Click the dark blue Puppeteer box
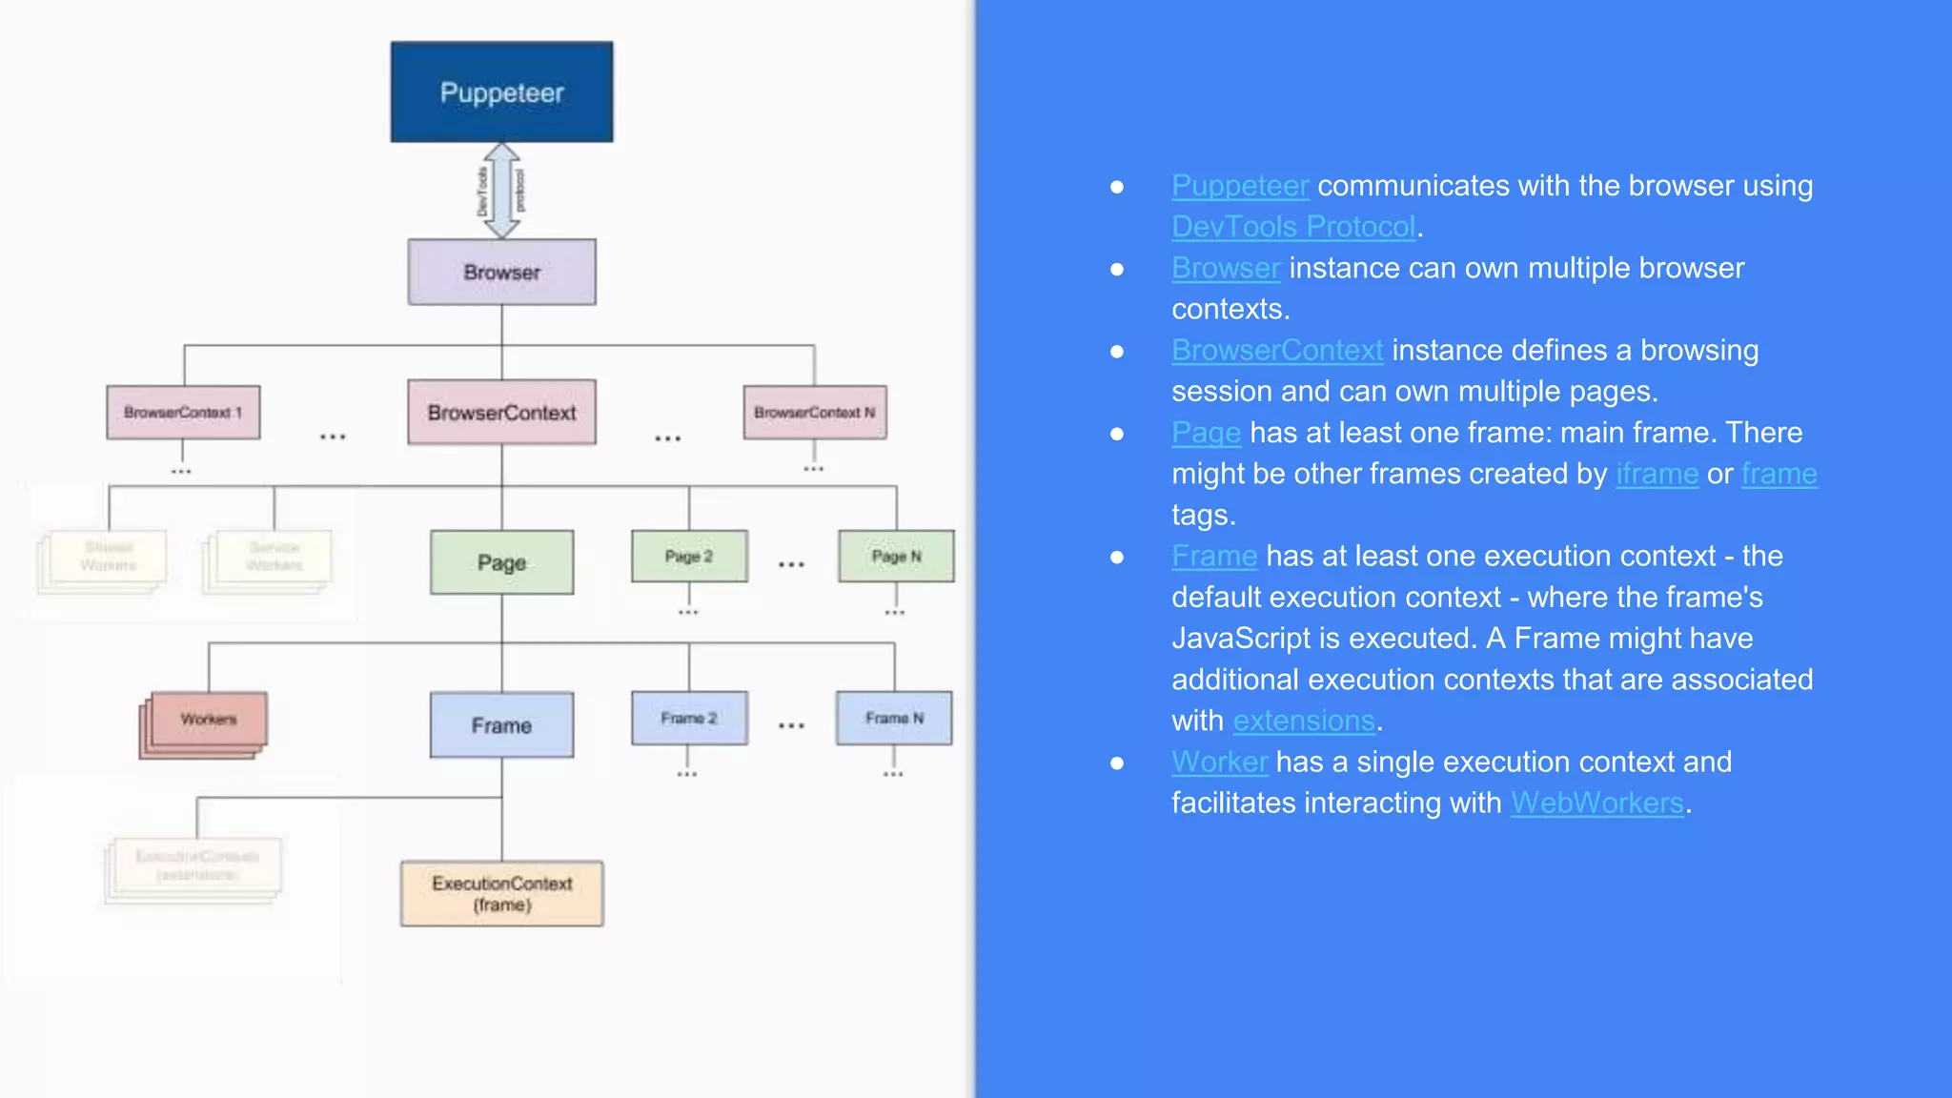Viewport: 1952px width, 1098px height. coord(501,92)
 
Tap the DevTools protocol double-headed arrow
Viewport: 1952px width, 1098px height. coord(501,191)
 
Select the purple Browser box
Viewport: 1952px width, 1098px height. coord(501,273)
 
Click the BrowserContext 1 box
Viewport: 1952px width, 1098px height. coord(183,413)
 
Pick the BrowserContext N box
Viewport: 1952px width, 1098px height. coord(815,413)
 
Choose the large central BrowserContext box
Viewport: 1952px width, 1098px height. coord(501,413)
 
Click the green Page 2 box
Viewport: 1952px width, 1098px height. coord(689,556)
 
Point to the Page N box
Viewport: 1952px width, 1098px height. coord(896,556)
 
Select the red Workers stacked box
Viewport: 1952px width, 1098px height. coord(206,722)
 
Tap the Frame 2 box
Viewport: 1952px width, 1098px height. coord(689,718)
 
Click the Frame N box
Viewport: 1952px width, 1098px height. coord(894,718)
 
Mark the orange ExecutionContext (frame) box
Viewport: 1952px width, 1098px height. coord(501,893)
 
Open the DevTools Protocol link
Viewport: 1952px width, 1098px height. coord(1293,227)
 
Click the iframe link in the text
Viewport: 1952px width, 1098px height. coord(1657,474)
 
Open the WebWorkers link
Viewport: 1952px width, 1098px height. coord(1596,803)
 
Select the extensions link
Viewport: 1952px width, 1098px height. coord(1303,721)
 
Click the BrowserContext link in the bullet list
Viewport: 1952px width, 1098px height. coord(1277,351)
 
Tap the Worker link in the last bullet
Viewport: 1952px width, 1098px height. coord(1219,762)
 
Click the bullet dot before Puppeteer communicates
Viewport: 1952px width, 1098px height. coord(1117,187)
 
